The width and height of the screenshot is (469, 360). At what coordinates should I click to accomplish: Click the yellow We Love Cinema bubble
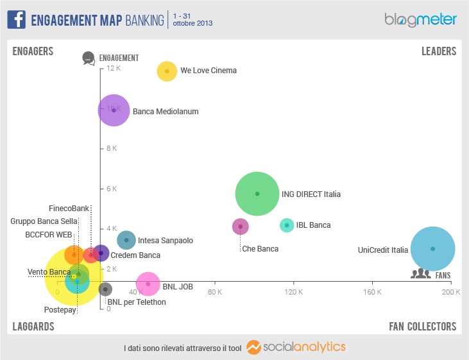click(x=167, y=71)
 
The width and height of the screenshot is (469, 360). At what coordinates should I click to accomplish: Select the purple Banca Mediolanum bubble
click(x=114, y=110)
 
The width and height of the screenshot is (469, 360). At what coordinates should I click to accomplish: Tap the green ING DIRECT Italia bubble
click(x=257, y=193)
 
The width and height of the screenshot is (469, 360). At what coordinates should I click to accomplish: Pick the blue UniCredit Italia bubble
click(x=432, y=249)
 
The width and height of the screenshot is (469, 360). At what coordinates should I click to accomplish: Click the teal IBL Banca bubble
click(x=287, y=225)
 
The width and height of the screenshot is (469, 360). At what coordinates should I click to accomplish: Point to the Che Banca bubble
click(x=240, y=226)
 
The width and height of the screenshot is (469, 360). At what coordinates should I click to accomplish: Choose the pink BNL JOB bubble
click(x=148, y=284)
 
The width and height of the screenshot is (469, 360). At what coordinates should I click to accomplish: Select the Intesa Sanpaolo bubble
click(x=126, y=240)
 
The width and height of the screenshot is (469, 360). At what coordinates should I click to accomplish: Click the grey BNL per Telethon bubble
click(x=106, y=289)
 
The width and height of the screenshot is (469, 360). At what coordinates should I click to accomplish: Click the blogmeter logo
click(x=420, y=20)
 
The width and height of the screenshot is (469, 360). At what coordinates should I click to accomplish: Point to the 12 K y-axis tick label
click(x=113, y=68)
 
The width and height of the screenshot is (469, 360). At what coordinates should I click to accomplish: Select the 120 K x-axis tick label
click(x=293, y=292)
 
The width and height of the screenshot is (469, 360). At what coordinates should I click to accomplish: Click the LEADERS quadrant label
click(x=438, y=51)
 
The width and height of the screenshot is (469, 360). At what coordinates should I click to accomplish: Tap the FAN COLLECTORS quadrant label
click(x=422, y=326)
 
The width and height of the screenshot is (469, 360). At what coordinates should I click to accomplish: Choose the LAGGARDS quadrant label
click(x=33, y=326)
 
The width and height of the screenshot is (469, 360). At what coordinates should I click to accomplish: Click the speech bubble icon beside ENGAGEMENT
click(x=89, y=58)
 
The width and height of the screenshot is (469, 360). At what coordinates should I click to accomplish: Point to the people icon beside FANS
click(x=421, y=274)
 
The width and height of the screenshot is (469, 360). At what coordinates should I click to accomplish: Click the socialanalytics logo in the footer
click(x=296, y=347)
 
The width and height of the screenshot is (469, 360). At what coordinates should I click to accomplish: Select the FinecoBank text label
click(x=69, y=209)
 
